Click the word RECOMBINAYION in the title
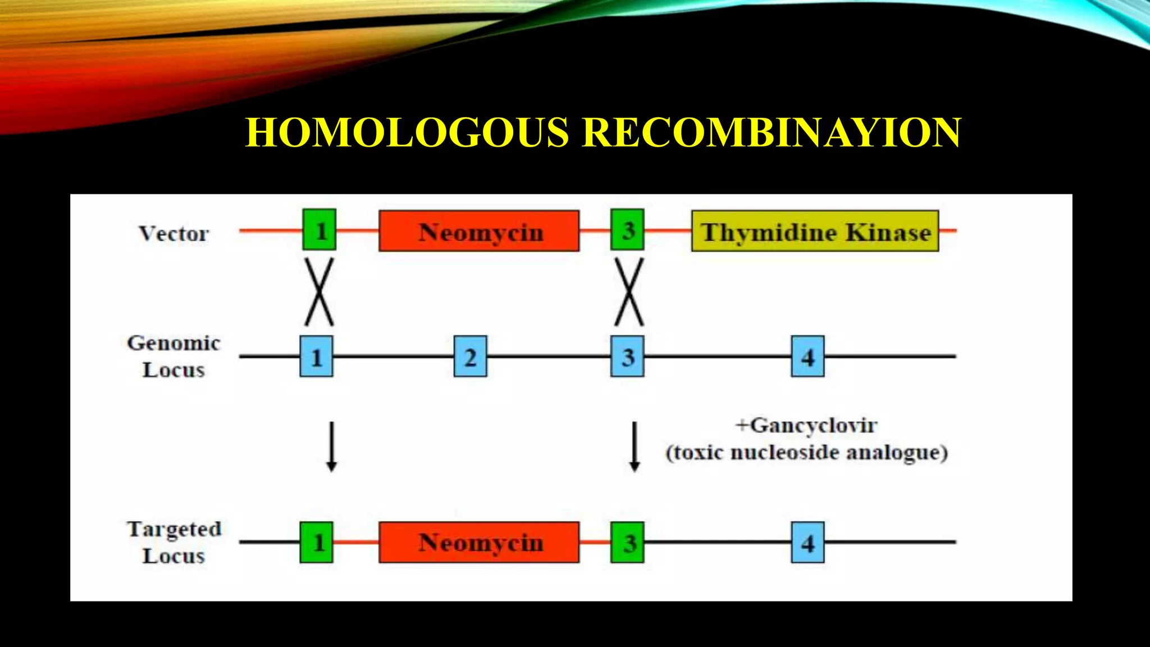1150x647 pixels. (x=771, y=133)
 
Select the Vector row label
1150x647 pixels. (x=174, y=233)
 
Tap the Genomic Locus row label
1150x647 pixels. (x=174, y=356)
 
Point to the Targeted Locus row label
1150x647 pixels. (x=174, y=542)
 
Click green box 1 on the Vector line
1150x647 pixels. (x=320, y=230)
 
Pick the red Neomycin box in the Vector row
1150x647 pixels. (x=479, y=231)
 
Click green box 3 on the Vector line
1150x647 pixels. (x=627, y=230)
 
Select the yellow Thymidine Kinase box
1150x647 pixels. (x=815, y=231)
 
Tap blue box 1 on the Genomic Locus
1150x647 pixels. (x=316, y=357)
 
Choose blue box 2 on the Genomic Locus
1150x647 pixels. (x=470, y=357)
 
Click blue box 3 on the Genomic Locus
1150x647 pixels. (x=627, y=357)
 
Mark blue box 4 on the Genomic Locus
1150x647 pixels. (x=807, y=357)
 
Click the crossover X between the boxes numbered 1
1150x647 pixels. (x=319, y=292)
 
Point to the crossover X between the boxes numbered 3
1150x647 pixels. (x=629, y=292)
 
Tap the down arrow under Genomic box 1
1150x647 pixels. (x=331, y=446)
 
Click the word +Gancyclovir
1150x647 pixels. (x=806, y=425)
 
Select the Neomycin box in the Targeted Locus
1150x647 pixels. (x=479, y=543)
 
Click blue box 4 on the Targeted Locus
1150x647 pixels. (x=807, y=543)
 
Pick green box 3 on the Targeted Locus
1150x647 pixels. (x=627, y=543)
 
